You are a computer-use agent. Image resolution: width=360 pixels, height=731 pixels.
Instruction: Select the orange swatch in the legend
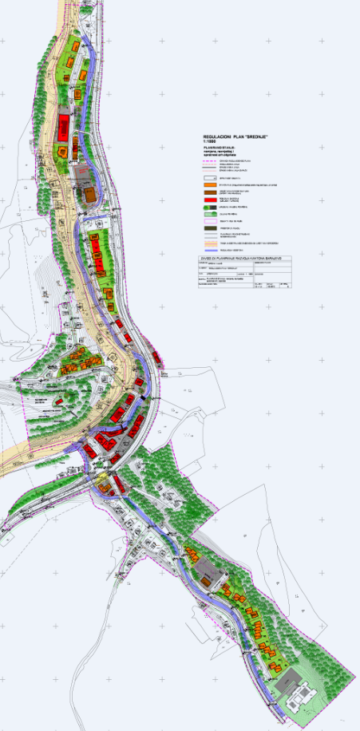[211, 184]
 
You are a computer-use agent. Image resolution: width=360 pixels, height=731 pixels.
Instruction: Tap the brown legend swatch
[211, 192]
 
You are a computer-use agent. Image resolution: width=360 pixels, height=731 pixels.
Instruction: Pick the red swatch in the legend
[211, 200]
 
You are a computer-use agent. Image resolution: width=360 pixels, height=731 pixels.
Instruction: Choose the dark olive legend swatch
[211, 228]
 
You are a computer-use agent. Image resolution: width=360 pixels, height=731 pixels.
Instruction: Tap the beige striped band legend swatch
[211, 243]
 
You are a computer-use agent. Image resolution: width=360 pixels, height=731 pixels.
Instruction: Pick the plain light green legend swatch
[211, 214]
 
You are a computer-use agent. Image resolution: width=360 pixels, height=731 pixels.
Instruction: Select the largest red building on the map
[63, 126]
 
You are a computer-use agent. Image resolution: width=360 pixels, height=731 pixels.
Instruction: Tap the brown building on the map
[90, 194]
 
